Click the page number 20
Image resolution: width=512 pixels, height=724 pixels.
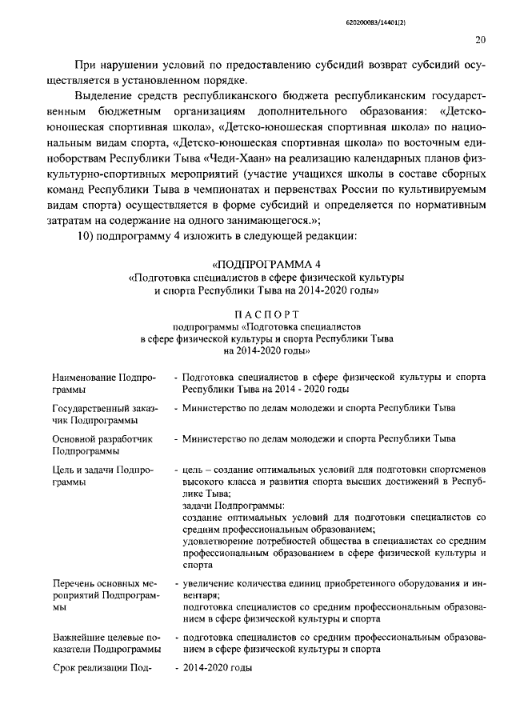(x=481, y=39)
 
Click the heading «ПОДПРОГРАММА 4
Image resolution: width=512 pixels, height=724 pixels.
(x=266, y=264)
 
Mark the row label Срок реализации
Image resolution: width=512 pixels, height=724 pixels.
(x=102, y=666)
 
